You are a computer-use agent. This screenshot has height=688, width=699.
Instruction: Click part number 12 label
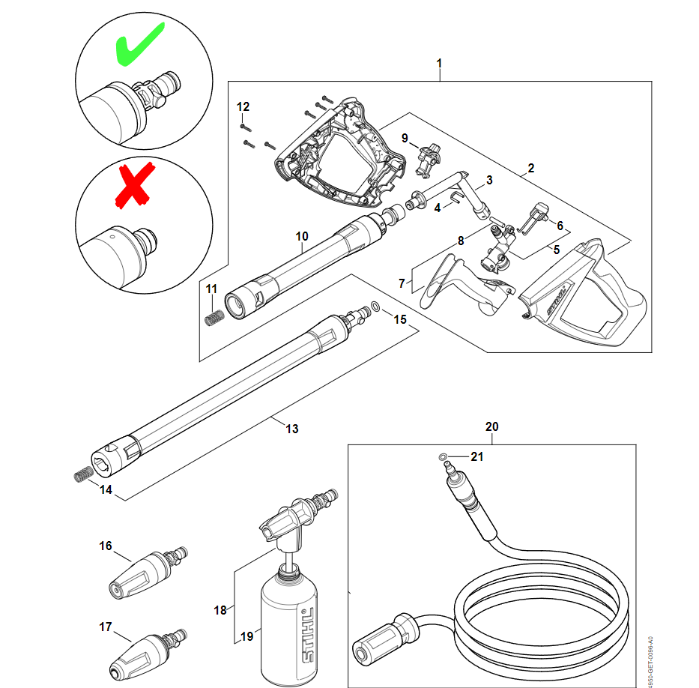(x=243, y=106)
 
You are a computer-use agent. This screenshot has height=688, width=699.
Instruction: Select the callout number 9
(x=405, y=138)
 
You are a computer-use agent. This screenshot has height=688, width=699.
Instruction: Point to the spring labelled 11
(x=214, y=316)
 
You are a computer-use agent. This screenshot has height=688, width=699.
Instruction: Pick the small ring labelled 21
(x=443, y=456)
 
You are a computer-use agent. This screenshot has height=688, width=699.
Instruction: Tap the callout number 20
(x=491, y=426)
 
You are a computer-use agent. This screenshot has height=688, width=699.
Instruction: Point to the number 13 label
(x=291, y=429)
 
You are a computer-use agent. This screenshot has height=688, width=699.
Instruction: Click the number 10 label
(x=301, y=236)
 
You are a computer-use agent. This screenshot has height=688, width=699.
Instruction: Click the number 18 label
(x=220, y=610)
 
